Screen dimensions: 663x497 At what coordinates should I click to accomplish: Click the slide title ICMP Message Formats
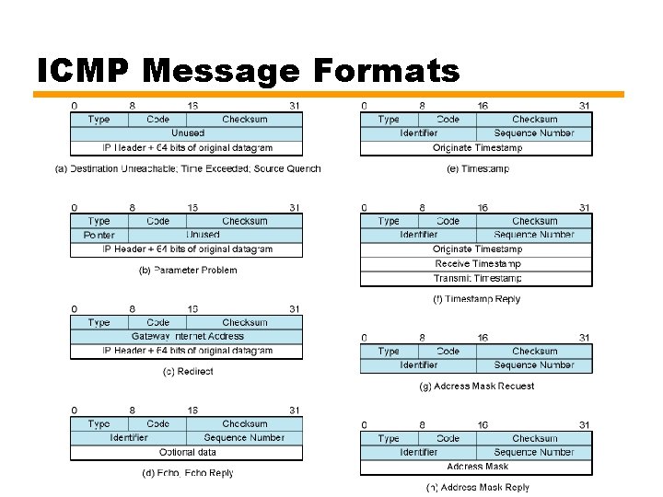[x=248, y=71]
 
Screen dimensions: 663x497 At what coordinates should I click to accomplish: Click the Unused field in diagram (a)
[x=188, y=133]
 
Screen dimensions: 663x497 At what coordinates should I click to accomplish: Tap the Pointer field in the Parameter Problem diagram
[x=99, y=235]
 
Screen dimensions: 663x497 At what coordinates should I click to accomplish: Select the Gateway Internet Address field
[x=188, y=337]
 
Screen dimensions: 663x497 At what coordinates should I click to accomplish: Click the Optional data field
[x=188, y=452]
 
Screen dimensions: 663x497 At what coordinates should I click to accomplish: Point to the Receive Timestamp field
[x=477, y=263]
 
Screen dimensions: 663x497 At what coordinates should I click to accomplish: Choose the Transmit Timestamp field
[x=477, y=278]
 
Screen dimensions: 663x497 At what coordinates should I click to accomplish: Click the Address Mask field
[x=477, y=467]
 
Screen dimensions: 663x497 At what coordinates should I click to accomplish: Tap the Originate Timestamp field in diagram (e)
[x=477, y=147]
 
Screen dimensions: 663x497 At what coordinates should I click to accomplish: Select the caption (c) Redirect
[x=188, y=372]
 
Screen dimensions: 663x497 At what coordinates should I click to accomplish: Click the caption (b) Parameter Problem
[x=188, y=270]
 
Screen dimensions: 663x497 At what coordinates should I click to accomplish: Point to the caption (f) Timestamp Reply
[x=477, y=299]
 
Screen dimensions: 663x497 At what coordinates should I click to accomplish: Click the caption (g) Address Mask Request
[x=477, y=386]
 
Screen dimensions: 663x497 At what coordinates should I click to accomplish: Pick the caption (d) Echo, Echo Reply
[x=188, y=473]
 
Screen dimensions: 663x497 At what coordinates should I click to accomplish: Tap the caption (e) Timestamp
[x=477, y=168]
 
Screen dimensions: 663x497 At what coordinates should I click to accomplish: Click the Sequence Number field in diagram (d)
[x=244, y=438]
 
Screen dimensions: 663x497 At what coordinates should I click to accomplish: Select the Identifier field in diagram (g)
[x=419, y=365]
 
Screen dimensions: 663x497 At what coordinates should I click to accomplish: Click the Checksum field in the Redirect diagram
[x=244, y=323]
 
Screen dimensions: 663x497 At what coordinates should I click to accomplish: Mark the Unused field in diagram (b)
[x=203, y=235]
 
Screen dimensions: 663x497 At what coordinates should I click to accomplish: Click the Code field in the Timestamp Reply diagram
[x=448, y=221]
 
